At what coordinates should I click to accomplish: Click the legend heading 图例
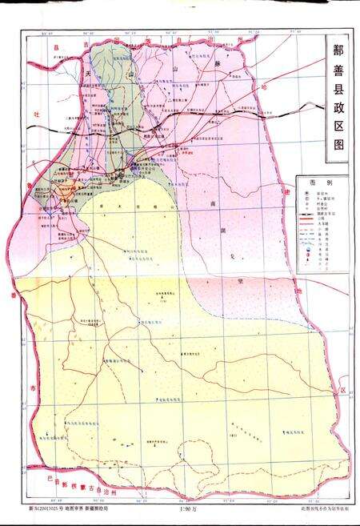(x=318, y=182)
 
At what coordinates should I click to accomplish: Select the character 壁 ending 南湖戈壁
(x=239, y=281)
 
